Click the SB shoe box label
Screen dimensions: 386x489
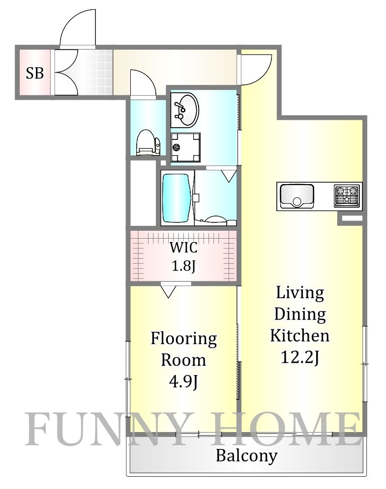tap(34, 73)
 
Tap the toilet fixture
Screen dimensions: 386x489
tap(148, 142)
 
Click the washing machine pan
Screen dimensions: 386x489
tap(185, 147)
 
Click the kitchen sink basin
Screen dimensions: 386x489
tap(297, 196)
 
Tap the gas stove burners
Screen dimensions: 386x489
tap(347, 196)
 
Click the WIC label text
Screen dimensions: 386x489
tap(183, 247)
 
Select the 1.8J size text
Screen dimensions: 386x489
tap(183, 266)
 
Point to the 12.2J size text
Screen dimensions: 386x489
tap(300, 357)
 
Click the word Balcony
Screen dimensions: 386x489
tap(247, 456)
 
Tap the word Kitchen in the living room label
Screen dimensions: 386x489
tap(300, 336)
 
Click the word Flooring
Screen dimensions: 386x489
tap(183, 339)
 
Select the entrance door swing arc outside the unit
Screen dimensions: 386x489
tap(78, 28)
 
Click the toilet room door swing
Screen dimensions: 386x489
tap(143, 84)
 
